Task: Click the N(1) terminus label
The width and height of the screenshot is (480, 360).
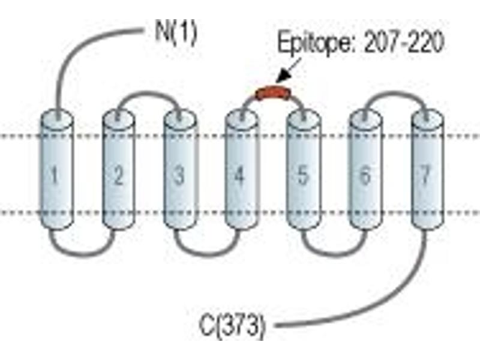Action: (x=176, y=33)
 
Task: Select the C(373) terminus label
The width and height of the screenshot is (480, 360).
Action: (x=232, y=325)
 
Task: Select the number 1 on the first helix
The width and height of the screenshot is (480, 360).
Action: (x=55, y=175)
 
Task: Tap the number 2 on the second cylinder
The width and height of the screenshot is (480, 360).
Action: (x=118, y=175)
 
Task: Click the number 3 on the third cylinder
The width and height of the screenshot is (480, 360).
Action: (x=179, y=175)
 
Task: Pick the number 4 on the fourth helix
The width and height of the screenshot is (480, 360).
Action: (x=239, y=175)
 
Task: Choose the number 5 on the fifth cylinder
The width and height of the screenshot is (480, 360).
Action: (x=302, y=175)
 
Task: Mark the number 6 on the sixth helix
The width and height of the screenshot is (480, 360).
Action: (x=364, y=175)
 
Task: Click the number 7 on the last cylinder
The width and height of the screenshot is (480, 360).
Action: (x=425, y=175)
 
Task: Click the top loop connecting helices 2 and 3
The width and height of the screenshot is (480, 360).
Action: (x=148, y=92)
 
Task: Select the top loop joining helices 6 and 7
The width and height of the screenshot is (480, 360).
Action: (x=395, y=92)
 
